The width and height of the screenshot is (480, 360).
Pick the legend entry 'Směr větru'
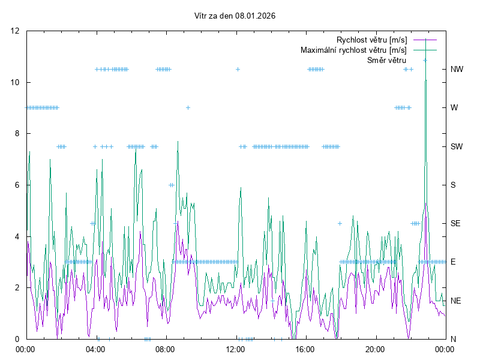[386, 60]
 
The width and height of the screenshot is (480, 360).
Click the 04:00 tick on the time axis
[95, 348]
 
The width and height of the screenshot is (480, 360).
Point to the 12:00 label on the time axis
[235, 348]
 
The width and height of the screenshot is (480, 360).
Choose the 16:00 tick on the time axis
[305, 348]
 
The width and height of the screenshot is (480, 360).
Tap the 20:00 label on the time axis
[375, 348]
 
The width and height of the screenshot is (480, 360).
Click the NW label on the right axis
[457, 69]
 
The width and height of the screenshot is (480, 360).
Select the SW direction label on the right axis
[457, 146]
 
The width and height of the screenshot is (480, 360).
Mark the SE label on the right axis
[456, 223]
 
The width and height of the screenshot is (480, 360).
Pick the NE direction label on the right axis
[456, 301]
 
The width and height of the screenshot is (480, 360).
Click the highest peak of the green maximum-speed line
[425, 40]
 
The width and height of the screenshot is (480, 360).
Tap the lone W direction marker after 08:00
[188, 108]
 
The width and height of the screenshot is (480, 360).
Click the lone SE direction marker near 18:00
[340, 223]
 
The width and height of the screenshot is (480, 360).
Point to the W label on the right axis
[454, 108]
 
